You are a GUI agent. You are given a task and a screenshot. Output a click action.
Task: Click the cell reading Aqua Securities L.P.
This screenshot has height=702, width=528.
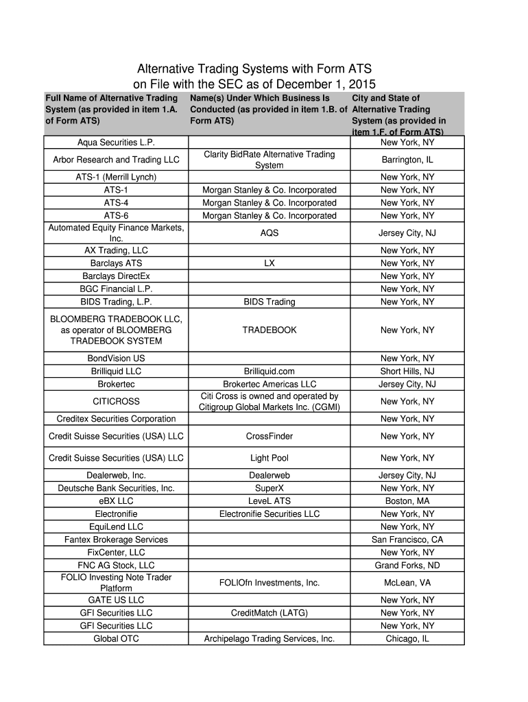116,143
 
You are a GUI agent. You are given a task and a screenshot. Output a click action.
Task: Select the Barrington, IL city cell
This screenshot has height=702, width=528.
407,160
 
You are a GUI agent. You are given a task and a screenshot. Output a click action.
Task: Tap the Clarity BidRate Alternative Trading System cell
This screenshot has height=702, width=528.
269,160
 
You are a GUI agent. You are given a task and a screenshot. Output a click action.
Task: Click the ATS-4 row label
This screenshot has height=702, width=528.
116,203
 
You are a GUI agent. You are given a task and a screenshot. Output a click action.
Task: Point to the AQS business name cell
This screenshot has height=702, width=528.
269,233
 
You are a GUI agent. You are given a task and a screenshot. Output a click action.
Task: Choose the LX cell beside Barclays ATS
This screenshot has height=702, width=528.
269,263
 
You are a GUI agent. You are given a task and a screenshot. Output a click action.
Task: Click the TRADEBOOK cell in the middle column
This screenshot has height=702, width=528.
269,330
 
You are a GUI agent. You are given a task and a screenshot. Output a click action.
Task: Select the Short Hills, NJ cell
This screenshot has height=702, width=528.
407,372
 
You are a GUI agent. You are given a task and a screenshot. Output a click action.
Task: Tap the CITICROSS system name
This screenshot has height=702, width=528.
116,402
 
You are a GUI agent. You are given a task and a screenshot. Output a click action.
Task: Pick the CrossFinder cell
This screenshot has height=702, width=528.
269,437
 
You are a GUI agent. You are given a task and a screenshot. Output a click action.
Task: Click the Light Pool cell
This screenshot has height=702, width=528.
269,458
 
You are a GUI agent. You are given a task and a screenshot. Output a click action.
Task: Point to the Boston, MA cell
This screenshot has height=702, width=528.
407,501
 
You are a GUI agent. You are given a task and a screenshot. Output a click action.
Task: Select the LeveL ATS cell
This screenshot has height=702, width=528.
269,501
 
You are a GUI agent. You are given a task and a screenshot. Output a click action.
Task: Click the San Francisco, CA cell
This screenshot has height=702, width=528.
407,540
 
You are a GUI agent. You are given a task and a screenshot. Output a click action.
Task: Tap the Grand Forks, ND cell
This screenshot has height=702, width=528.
407,566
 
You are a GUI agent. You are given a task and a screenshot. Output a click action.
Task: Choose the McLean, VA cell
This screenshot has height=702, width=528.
407,583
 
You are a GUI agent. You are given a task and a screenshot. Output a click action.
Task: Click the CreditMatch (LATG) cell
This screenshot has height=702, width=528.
269,613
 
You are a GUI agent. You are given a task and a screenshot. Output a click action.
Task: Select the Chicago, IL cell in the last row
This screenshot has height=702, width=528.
407,639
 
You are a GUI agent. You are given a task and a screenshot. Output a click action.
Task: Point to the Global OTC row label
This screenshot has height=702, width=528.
116,639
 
